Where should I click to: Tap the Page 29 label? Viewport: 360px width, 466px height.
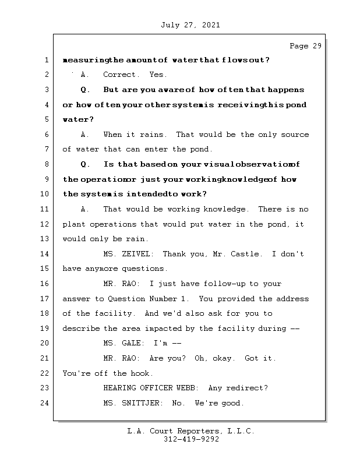(305, 46)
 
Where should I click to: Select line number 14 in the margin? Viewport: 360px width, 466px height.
(46, 254)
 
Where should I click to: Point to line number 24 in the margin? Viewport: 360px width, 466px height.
(46, 403)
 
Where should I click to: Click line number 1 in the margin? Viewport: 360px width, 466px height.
(46, 60)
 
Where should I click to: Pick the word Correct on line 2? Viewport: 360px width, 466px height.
(121, 75)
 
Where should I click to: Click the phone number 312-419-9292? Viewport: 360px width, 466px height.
(191, 440)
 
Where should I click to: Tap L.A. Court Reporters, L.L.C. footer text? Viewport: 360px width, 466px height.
(191, 431)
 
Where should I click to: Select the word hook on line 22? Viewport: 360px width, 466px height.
(142, 373)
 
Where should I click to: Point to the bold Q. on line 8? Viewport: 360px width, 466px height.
(86, 164)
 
